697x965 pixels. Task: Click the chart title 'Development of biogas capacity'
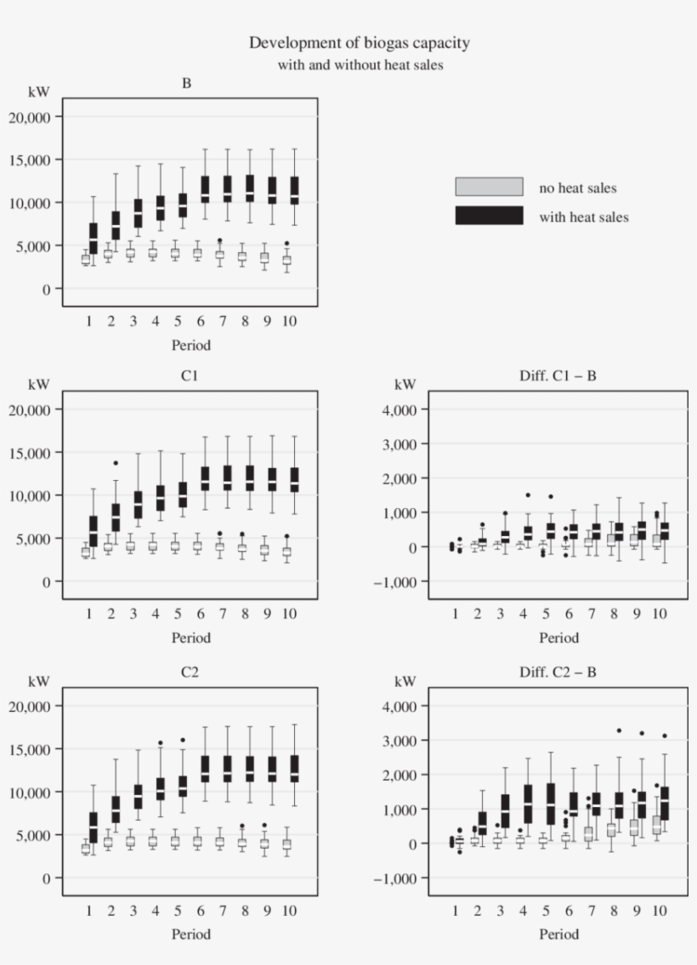[x=359, y=42]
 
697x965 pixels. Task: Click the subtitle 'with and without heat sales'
[x=360, y=65]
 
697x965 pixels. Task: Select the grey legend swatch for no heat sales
[x=489, y=187]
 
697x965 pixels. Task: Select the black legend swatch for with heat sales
[x=489, y=216]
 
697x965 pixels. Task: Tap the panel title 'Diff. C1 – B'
[x=558, y=375]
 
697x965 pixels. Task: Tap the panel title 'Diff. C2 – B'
[x=558, y=672]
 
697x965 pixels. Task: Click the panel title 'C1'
[x=190, y=375]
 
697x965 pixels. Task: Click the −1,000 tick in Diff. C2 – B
[x=397, y=878]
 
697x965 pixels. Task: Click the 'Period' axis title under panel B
[x=190, y=345]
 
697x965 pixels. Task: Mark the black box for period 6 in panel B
[x=205, y=189]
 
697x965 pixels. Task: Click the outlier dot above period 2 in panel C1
[x=116, y=463]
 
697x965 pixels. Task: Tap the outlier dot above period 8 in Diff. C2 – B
[x=619, y=731]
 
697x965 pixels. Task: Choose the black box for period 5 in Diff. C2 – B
[x=551, y=804]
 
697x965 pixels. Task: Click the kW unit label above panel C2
[x=39, y=680]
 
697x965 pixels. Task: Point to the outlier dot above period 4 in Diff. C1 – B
[x=528, y=495]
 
